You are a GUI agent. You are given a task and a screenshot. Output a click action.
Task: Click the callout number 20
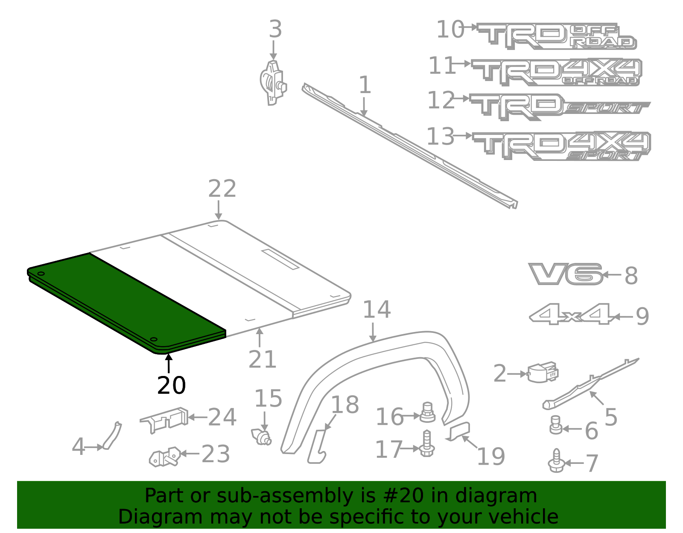point(171,385)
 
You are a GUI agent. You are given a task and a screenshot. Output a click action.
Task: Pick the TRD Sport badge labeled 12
point(559,106)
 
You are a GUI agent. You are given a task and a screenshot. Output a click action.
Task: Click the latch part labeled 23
point(166,457)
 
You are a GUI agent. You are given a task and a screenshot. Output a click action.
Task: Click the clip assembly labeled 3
point(273,83)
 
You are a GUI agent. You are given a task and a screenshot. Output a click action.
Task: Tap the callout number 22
point(222,189)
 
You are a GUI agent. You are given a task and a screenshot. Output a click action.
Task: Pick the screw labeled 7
point(556,462)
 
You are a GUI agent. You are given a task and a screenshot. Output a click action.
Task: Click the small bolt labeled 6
point(555,425)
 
